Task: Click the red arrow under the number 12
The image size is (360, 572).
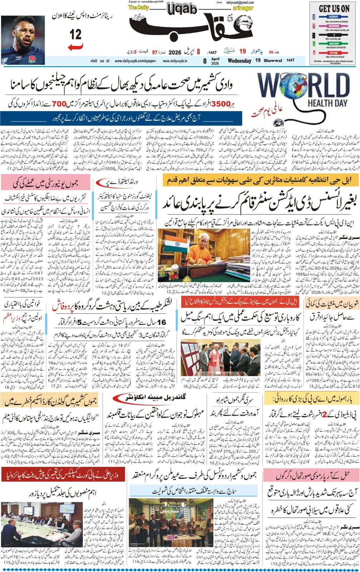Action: pos(75,46)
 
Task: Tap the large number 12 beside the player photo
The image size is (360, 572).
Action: pos(76,34)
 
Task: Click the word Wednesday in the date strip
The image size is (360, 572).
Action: pos(239,61)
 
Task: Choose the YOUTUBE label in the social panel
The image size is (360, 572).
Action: pos(331,53)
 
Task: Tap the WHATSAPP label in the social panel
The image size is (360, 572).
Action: pos(331,44)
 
